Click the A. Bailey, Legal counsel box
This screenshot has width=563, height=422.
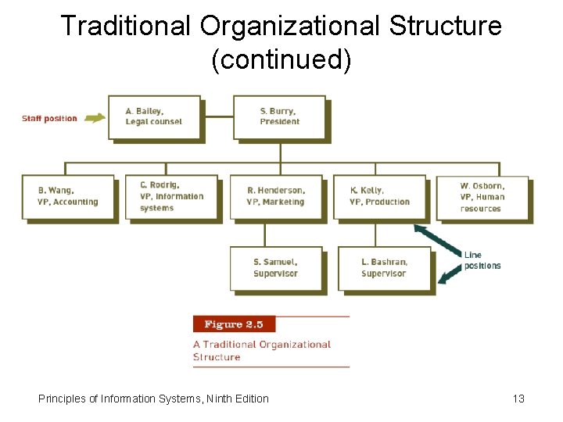pyautogui.click(x=154, y=116)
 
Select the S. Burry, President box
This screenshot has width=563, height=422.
pyautogui.click(x=279, y=116)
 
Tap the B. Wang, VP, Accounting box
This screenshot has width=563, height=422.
pyautogui.click(x=68, y=197)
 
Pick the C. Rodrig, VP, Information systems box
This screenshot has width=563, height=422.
pyautogui.click(x=171, y=197)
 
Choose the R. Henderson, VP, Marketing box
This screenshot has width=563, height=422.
pyautogui.click(x=275, y=197)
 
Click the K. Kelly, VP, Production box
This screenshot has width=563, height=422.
pyautogui.click(x=379, y=197)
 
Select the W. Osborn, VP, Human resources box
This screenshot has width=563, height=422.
pyautogui.click(x=482, y=198)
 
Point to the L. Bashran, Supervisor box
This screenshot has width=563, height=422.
pyautogui.click(x=384, y=268)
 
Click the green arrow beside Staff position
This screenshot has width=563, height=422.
pyautogui.click(x=95, y=118)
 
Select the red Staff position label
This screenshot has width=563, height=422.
pyautogui.click(x=49, y=119)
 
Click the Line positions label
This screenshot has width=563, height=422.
pyautogui.click(x=482, y=260)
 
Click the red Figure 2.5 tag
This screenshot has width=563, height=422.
pyautogui.click(x=234, y=324)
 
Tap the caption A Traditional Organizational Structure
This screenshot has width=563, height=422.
pyautogui.click(x=262, y=350)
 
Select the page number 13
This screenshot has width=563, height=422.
pyautogui.click(x=518, y=399)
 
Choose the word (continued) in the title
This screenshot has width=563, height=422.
pyautogui.click(x=281, y=60)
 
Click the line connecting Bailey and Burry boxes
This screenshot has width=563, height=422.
pyautogui.click(x=218, y=116)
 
